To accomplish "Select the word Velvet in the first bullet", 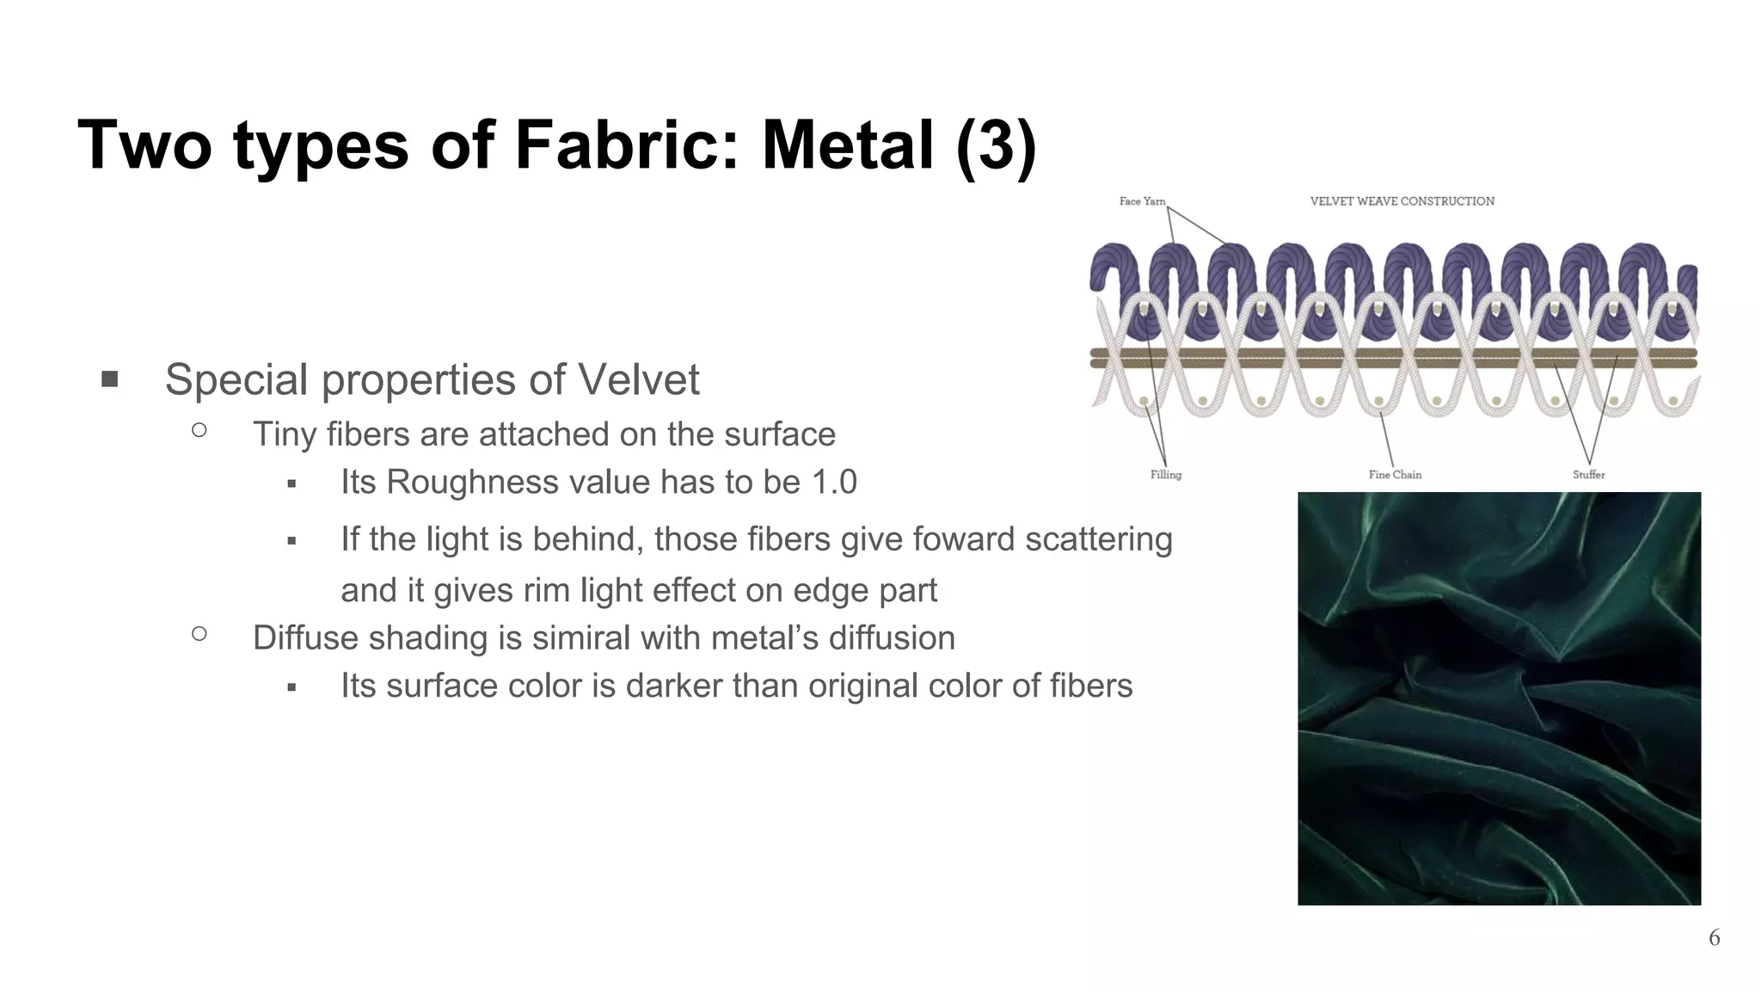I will [x=638, y=379].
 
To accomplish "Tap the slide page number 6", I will [x=1714, y=938].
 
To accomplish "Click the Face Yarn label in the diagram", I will [x=1142, y=201].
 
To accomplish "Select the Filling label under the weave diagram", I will [x=1166, y=475].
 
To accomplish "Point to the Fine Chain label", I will [x=1395, y=475].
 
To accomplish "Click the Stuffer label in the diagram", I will [x=1588, y=475].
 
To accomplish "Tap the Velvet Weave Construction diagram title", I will [x=1402, y=201].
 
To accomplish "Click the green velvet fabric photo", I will [x=1499, y=698].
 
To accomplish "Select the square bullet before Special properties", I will [x=109, y=379].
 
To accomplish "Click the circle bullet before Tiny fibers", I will [x=199, y=430].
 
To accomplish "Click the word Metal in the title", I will [x=847, y=145].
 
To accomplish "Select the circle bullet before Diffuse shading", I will [x=199, y=634].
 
